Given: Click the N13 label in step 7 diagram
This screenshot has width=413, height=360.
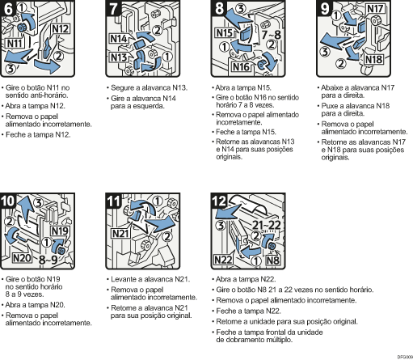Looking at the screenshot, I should (118, 58).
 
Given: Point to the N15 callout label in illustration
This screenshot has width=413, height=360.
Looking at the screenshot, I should (224, 34).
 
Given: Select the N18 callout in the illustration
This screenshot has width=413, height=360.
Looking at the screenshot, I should (373, 58).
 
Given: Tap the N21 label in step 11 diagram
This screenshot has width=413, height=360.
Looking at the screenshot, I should (120, 235).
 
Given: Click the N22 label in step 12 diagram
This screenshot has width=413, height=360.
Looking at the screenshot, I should (223, 260).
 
